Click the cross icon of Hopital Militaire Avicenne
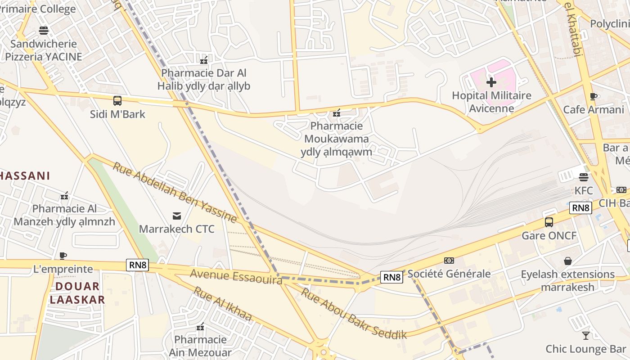pyautogui.click(x=491, y=82)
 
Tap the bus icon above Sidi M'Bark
pyautogui.click(x=117, y=101)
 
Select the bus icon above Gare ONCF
pyautogui.click(x=549, y=222)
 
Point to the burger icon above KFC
pyautogui.click(x=584, y=177)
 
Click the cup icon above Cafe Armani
pyautogui.click(x=594, y=96)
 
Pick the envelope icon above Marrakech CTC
pyautogui.click(x=176, y=216)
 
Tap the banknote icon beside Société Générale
pyautogui.click(x=449, y=261)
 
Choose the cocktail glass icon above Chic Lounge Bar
pyautogui.click(x=585, y=336)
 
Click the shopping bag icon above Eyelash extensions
pyautogui.click(x=568, y=261)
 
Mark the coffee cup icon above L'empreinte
pyautogui.click(x=63, y=256)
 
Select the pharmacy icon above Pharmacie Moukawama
pyautogui.click(x=336, y=113)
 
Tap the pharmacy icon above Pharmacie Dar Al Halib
pyautogui.click(x=204, y=60)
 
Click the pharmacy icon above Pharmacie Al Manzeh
pyautogui.click(x=64, y=196)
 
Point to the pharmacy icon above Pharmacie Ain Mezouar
pyautogui.click(x=200, y=326)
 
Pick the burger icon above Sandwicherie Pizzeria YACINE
pyautogui.click(x=44, y=31)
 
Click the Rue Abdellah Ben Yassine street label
pyautogui.click(x=175, y=193)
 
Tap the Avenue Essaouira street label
pyautogui.click(x=236, y=276)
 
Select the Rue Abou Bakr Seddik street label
pyautogui.click(x=354, y=313)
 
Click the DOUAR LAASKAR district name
pyautogui.click(x=77, y=293)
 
